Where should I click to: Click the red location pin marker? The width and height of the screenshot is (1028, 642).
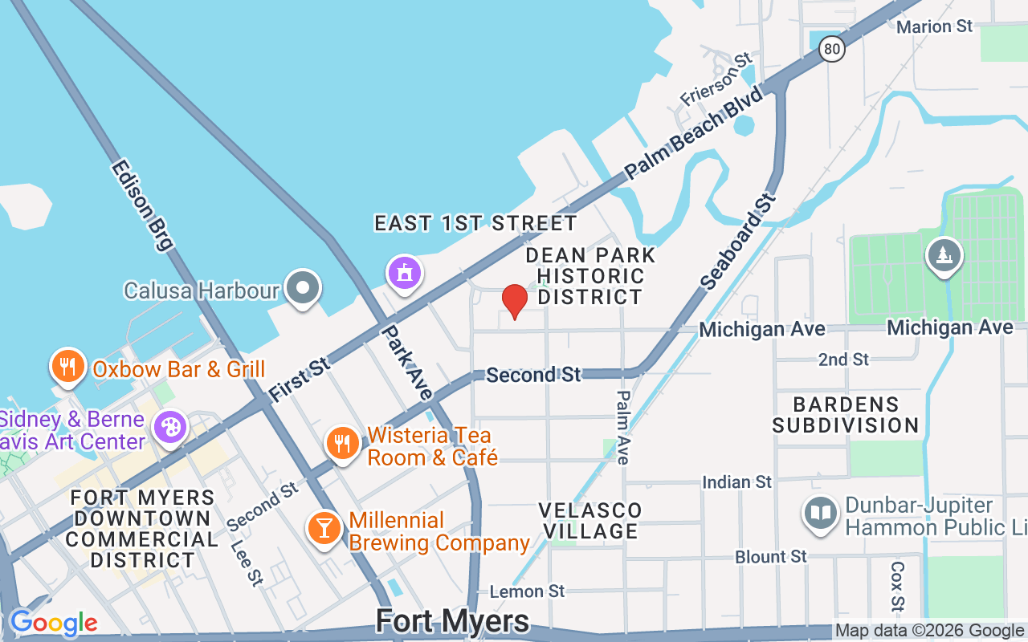pos(514,301)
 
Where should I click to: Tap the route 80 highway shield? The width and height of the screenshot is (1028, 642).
pos(833,50)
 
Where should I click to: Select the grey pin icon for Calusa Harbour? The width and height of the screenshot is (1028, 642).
pos(304,287)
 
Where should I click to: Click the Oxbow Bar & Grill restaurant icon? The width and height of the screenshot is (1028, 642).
pos(68,367)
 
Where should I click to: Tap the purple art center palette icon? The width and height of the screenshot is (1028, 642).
pos(170,426)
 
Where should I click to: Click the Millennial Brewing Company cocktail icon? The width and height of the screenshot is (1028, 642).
pos(324,529)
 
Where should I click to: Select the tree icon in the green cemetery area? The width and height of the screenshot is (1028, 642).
pos(943,255)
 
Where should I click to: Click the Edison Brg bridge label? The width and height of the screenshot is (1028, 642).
pos(142,205)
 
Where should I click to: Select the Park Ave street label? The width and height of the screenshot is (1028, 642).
pos(407,362)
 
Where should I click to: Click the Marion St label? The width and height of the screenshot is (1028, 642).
pos(935,26)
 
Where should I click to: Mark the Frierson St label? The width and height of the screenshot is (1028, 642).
pos(716,79)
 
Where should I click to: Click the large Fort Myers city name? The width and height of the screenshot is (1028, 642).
pos(452,621)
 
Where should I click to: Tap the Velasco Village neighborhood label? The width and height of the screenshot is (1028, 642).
pos(590,521)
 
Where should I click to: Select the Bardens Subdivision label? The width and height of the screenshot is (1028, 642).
pos(846,414)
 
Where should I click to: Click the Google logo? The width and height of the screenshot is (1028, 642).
pos(53,623)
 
